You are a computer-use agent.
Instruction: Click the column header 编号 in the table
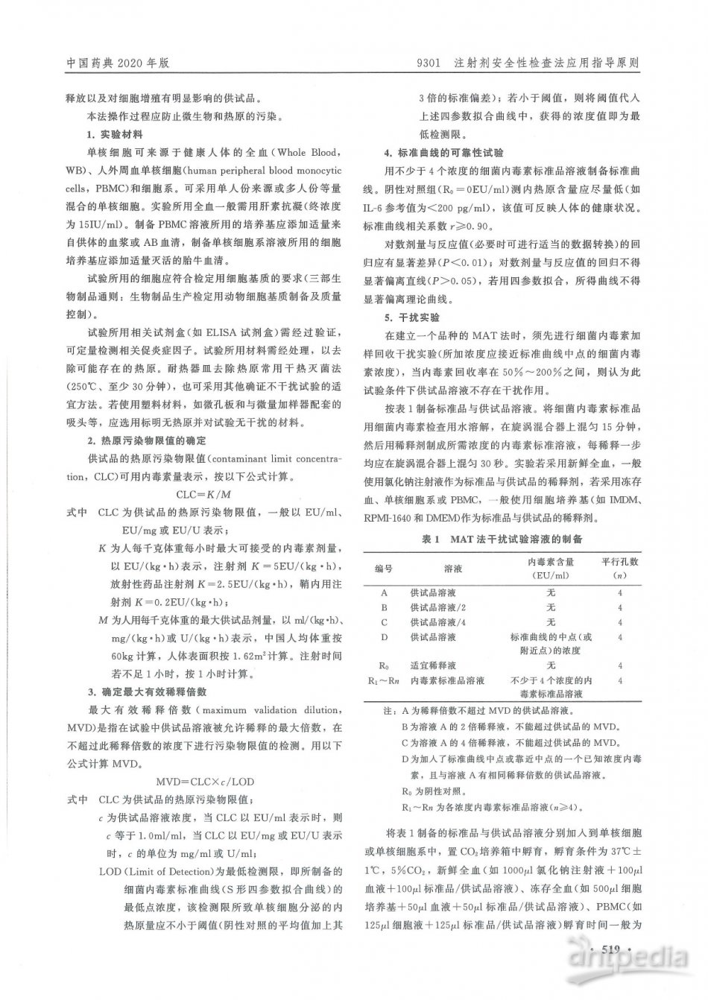point(383,568)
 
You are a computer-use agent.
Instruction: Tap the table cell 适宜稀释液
point(433,665)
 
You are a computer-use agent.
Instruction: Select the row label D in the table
point(384,637)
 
